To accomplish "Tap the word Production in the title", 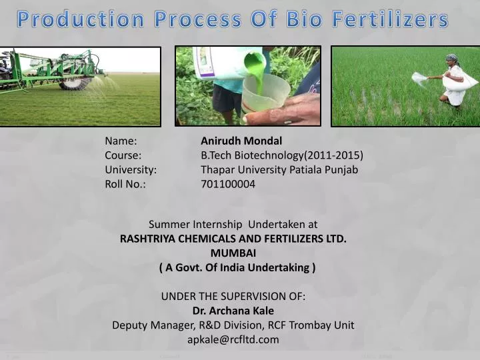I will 80,20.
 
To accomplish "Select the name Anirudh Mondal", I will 241,141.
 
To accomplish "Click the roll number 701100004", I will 228,184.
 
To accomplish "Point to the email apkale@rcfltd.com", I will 233,339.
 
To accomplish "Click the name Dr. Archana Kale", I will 233,311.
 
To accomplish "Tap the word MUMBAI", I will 233,253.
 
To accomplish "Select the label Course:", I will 123,155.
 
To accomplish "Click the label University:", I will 131,169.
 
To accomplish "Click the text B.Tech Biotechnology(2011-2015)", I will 282,155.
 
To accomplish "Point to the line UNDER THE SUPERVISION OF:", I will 233,296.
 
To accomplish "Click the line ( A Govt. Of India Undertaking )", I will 237,267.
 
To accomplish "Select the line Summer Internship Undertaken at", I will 233,224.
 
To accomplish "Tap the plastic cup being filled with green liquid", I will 265,93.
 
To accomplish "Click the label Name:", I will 121,141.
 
